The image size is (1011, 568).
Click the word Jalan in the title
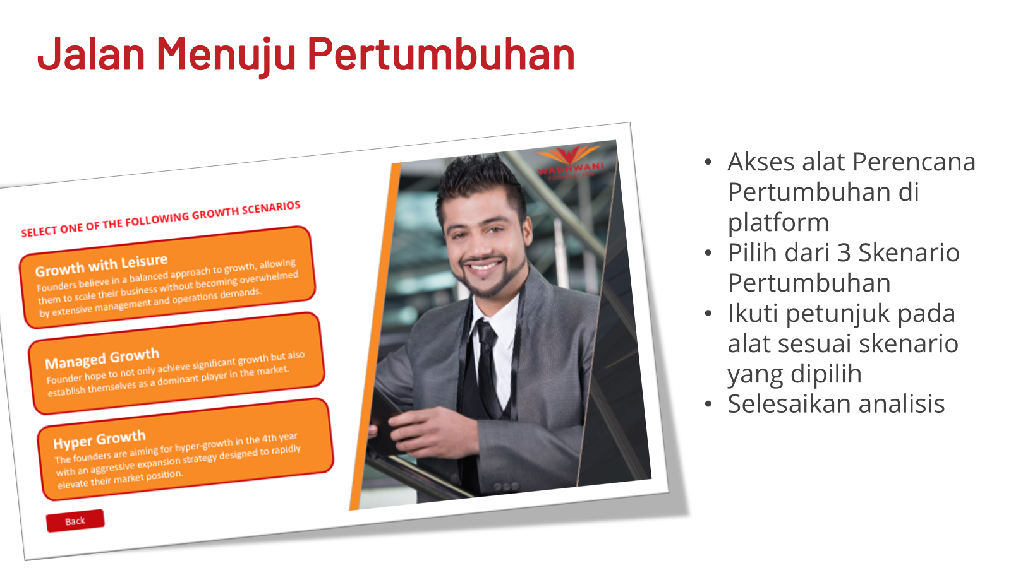91,54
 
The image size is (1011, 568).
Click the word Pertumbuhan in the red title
441,54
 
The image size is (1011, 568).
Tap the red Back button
75,521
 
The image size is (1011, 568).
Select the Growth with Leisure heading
102,265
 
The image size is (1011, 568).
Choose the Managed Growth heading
102,359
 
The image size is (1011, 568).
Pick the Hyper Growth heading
99,439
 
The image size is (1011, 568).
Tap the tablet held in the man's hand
384,422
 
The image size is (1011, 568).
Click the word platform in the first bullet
778,222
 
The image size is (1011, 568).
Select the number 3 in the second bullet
844,252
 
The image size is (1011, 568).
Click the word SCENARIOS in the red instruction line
271,209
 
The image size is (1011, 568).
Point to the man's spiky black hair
478,180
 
